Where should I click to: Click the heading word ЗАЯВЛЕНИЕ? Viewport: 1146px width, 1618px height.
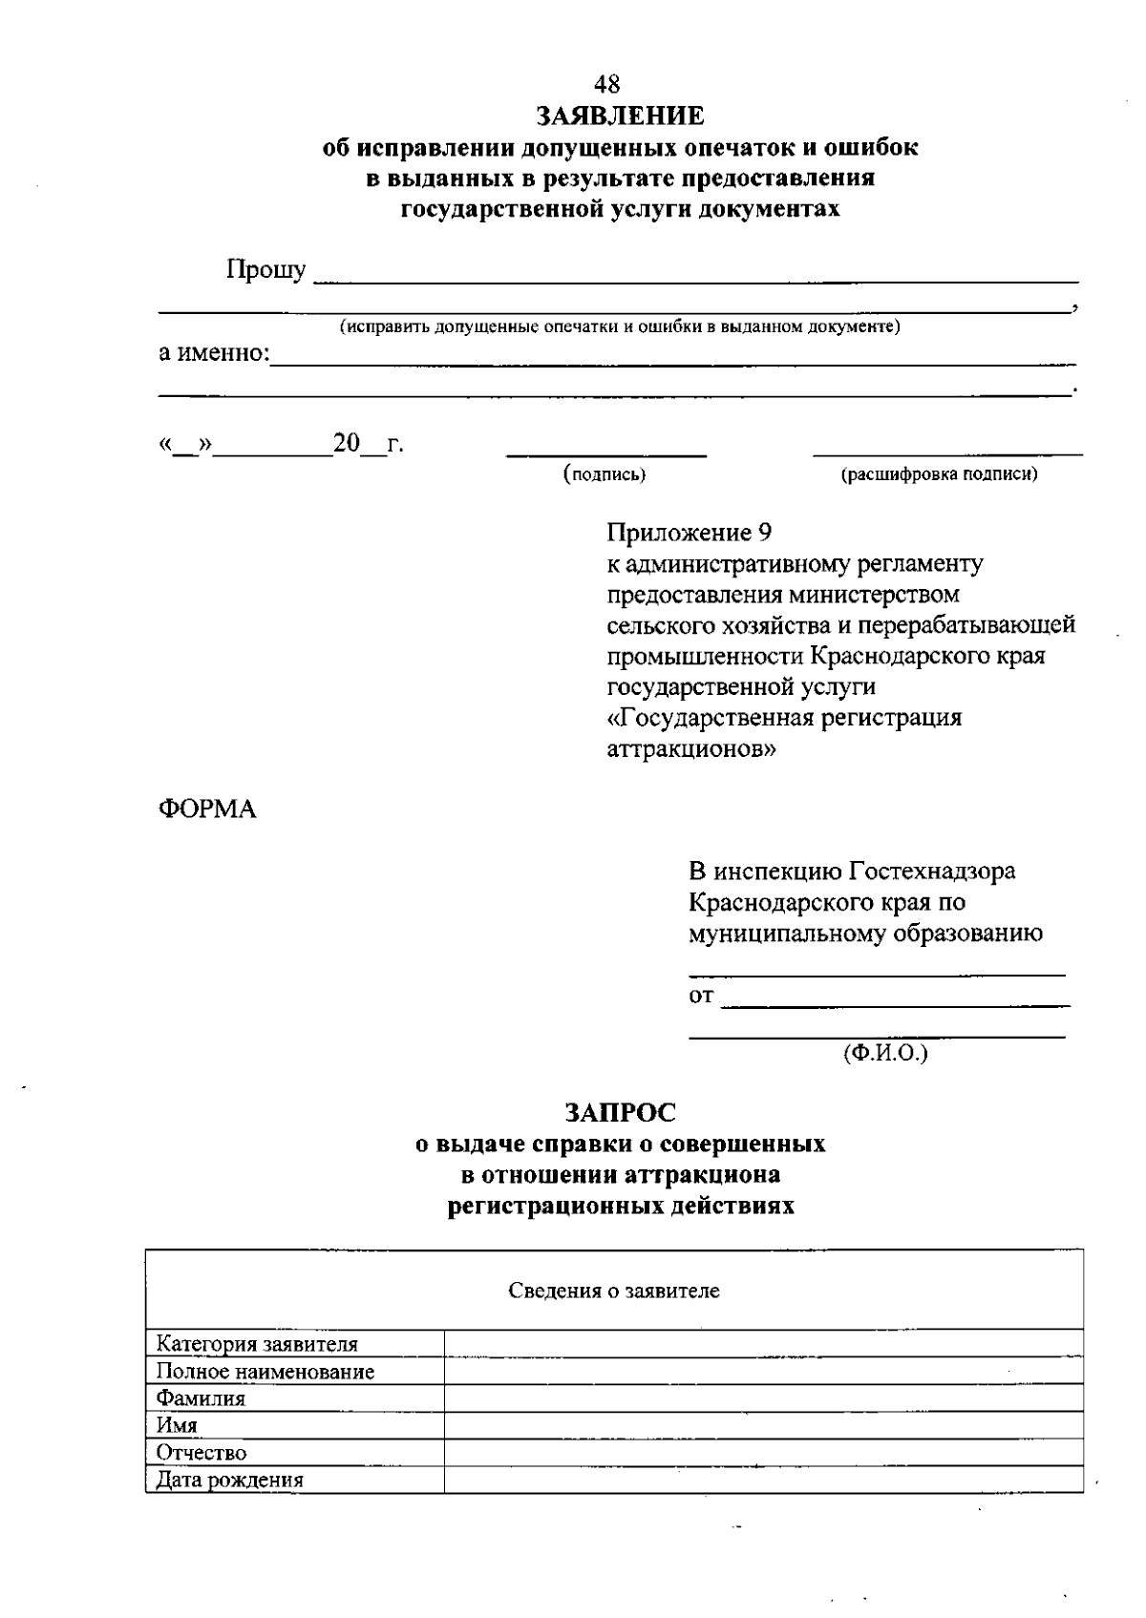[x=620, y=116]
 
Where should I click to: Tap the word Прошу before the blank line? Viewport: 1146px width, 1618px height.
[x=265, y=271]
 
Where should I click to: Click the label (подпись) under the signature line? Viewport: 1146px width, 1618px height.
[x=605, y=474]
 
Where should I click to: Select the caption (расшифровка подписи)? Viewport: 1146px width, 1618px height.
[x=938, y=474]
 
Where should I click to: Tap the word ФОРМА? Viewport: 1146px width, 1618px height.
[x=207, y=809]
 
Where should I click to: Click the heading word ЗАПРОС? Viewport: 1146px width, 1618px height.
[x=620, y=1113]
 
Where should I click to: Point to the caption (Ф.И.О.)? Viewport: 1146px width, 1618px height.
[x=885, y=1053]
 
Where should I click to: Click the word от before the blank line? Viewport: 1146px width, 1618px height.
[x=701, y=997]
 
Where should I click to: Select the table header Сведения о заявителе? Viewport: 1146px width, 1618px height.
[x=613, y=1292]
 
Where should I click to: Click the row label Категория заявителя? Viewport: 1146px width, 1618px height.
[x=257, y=1345]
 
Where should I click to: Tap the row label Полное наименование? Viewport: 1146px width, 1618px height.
[x=265, y=1373]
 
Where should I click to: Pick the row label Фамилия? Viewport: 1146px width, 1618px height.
[x=201, y=1399]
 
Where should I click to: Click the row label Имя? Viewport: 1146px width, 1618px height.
[x=177, y=1426]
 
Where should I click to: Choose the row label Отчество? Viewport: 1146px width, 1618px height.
[x=202, y=1454]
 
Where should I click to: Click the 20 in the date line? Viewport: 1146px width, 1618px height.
[x=346, y=444]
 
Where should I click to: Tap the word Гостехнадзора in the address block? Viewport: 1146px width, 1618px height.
[x=932, y=872]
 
